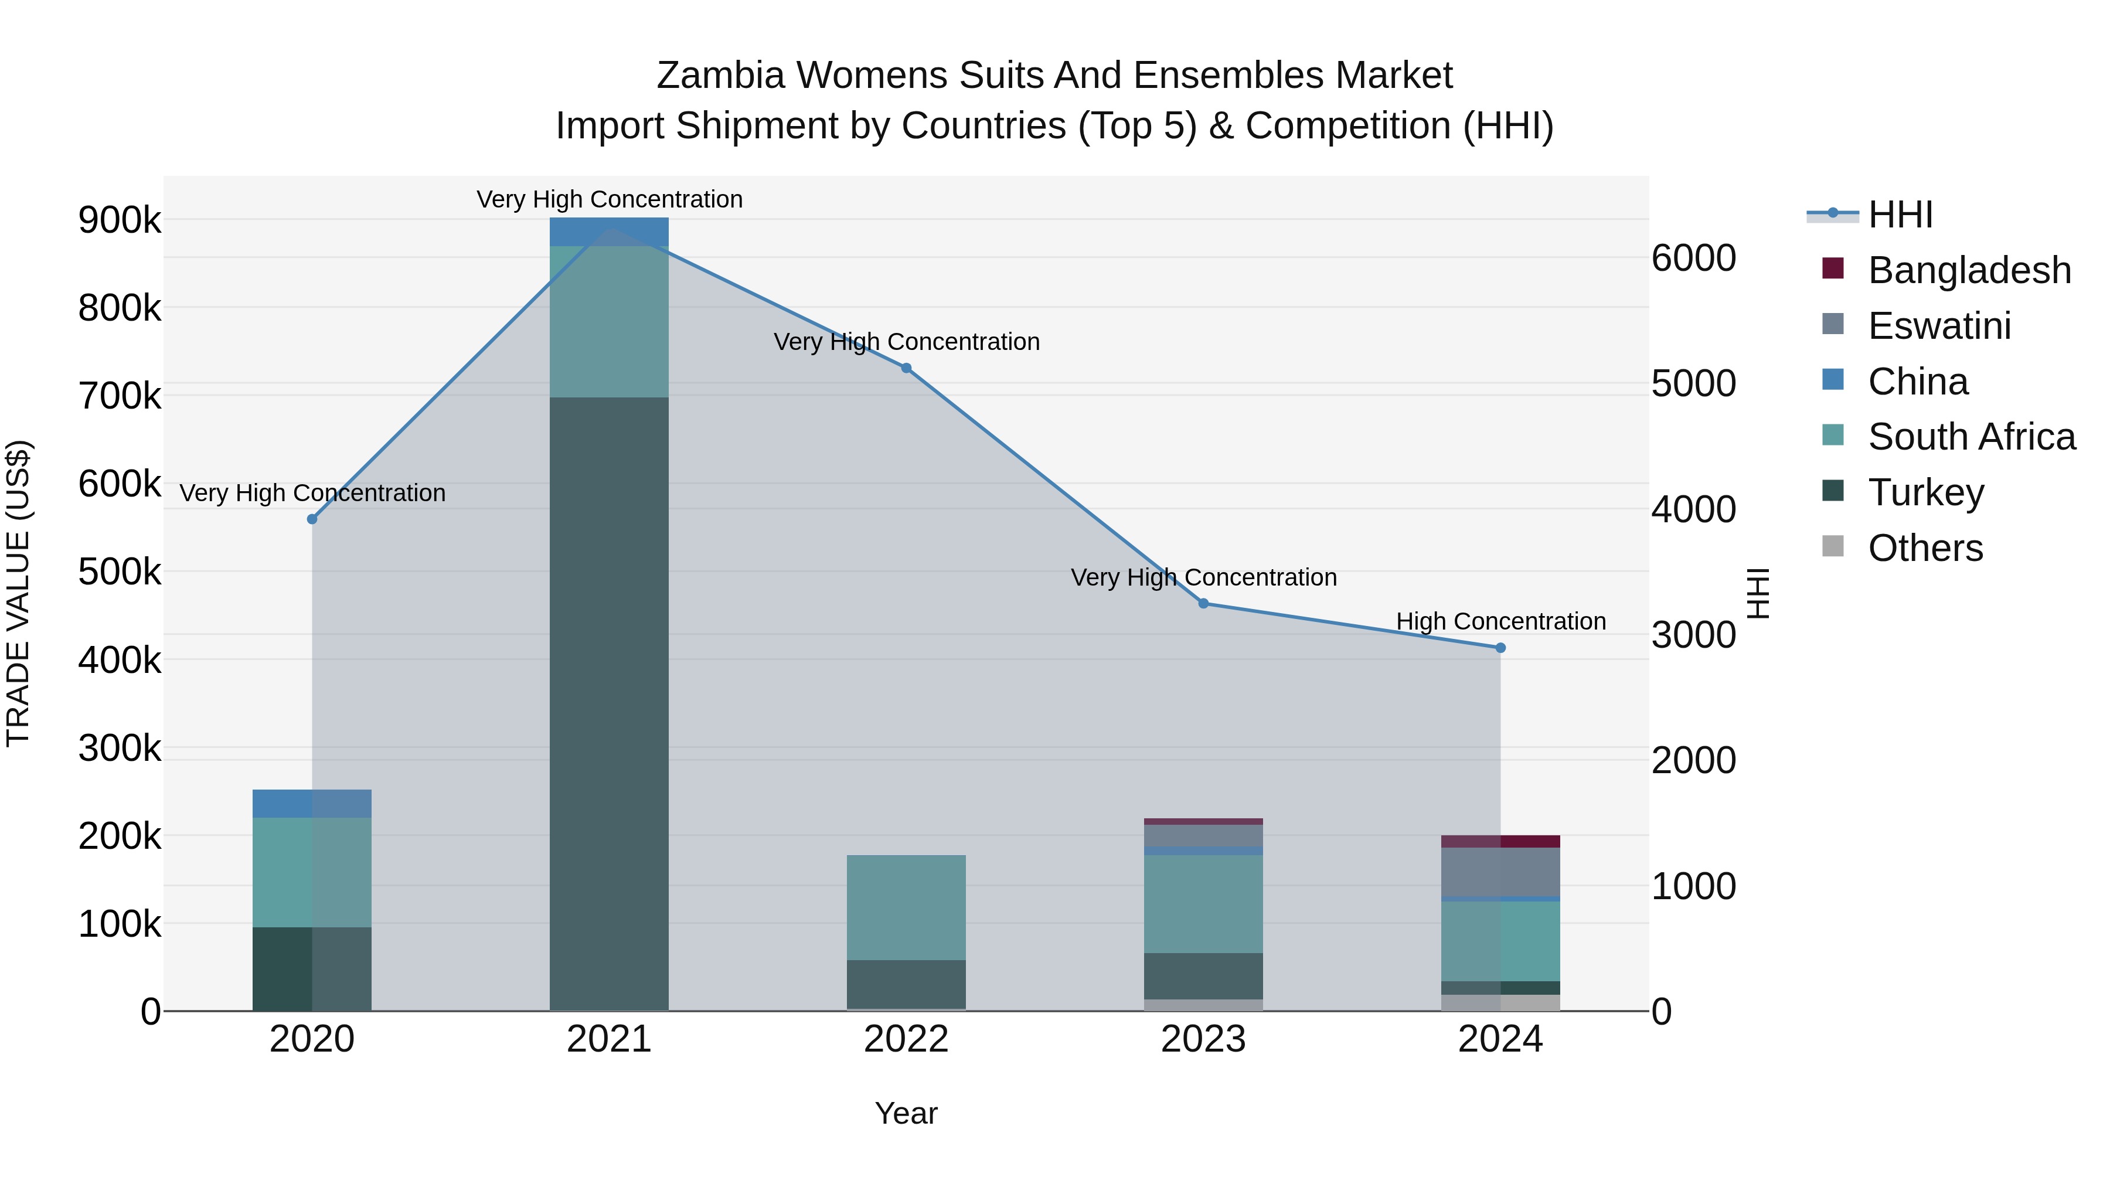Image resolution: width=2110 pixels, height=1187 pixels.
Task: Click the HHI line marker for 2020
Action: pos(312,519)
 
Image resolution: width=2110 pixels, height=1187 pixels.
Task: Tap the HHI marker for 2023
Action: pos(1203,604)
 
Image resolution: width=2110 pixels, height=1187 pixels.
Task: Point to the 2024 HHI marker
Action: pos(1500,648)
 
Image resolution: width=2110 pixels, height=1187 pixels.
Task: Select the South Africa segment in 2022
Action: pos(906,907)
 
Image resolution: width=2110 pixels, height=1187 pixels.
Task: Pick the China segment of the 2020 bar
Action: pos(312,804)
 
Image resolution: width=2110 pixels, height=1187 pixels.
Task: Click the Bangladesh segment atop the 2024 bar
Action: pos(1500,841)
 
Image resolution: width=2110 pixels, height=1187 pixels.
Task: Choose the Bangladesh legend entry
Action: pos(1969,270)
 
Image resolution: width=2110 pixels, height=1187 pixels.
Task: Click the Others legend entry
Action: pos(1925,548)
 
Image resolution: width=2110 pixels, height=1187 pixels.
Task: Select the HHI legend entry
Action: pos(1900,215)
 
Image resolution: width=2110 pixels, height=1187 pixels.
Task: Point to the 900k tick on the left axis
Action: pos(120,220)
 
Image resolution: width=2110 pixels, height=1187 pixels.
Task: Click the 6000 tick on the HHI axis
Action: pos(1693,258)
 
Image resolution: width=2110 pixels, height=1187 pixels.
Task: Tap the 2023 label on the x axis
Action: pos(1203,1039)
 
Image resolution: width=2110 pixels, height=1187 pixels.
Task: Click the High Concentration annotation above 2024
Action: pos(1500,622)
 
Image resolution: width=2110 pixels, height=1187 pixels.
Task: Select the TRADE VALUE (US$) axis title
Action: pos(18,593)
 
